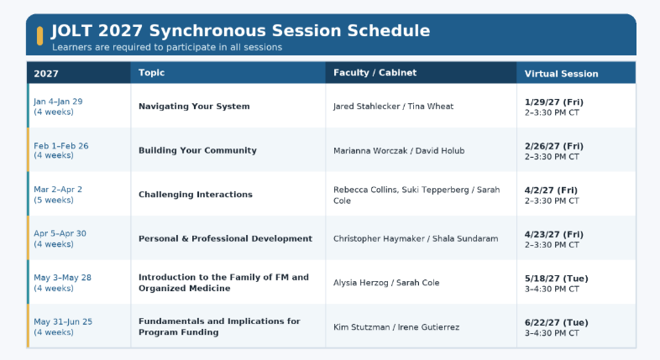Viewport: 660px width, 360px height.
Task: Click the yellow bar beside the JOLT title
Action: (40, 36)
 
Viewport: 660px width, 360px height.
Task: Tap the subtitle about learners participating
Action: (167, 47)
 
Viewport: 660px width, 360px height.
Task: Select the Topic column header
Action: (151, 72)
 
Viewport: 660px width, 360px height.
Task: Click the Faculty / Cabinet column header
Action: (375, 72)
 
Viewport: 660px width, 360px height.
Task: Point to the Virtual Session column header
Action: (561, 74)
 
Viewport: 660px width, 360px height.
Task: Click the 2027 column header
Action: (46, 74)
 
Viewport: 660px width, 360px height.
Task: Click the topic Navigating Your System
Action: (194, 107)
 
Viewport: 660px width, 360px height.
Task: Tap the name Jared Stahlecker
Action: (366, 107)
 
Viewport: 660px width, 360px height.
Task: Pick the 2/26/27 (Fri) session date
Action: (554, 146)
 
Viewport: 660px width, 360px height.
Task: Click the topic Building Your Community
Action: (197, 150)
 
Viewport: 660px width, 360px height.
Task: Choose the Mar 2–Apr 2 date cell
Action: (58, 190)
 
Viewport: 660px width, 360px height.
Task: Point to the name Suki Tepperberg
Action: (435, 190)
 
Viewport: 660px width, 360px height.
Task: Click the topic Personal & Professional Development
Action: (225, 238)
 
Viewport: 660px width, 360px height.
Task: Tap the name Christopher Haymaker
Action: (379, 238)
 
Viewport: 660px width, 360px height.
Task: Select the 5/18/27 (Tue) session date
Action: (557, 279)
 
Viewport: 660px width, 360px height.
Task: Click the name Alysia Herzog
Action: (361, 283)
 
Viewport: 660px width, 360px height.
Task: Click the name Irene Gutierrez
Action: (428, 326)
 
